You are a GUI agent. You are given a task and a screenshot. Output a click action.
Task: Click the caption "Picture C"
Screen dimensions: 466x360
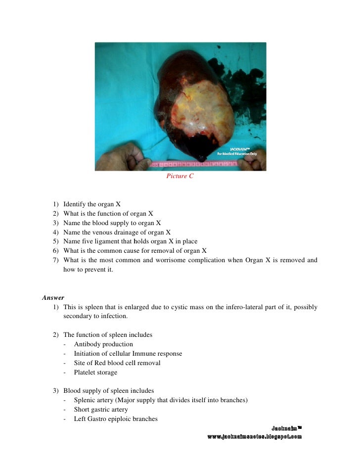tap(180, 176)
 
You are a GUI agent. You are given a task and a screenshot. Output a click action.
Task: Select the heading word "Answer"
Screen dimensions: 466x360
tap(53, 298)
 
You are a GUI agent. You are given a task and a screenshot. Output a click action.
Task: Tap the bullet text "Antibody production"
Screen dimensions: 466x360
tap(103, 344)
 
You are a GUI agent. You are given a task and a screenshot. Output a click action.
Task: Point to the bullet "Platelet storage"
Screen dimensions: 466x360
tap(95, 373)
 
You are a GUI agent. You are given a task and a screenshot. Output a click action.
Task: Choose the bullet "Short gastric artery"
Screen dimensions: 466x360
tap(101, 410)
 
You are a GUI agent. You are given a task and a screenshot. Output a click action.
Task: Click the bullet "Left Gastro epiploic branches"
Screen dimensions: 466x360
tap(116, 419)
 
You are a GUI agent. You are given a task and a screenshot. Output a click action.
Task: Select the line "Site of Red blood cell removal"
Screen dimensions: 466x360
tap(117, 363)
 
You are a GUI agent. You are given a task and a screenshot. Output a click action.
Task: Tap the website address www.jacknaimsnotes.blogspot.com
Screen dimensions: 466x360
tap(254, 437)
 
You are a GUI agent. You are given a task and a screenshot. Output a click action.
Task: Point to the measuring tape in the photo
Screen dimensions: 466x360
tap(198, 164)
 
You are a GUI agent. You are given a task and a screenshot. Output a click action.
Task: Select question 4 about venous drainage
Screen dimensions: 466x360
tap(117, 232)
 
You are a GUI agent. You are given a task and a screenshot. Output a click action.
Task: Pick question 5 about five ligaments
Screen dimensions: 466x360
tap(130, 241)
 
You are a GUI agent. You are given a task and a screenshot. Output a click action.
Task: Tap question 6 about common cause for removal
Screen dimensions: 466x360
tap(135, 251)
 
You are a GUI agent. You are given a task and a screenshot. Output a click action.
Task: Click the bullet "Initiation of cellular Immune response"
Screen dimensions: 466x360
tap(128, 354)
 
